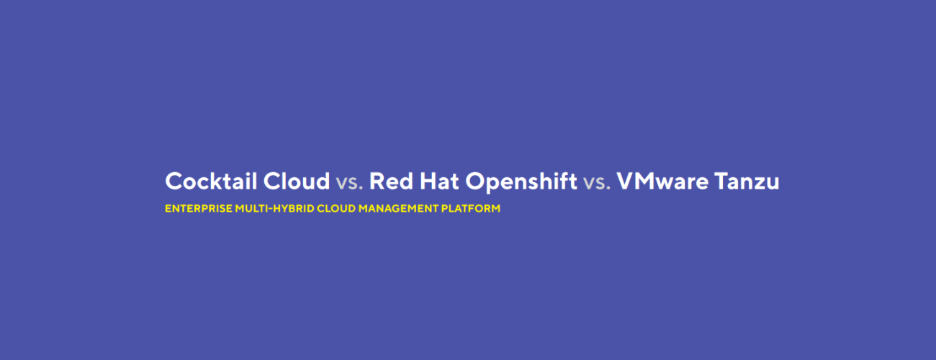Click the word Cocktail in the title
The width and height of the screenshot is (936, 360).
pyautogui.click(x=211, y=181)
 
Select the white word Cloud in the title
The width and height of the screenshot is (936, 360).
pyautogui.click(x=297, y=181)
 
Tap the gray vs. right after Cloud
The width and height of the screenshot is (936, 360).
pyautogui.click(x=349, y=183)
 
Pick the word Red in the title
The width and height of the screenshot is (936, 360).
pyautogui.click(x=391, y=181)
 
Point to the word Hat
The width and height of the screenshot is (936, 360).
pyautogui.click(x=439, y=181)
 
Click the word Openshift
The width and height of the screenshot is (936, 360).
pyautogui.click(x=521, y=181)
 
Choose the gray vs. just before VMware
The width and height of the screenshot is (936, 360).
pyautogui.click(x=597, y=183)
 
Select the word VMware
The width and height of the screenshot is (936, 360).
pyautogui.click(x=662, y=181)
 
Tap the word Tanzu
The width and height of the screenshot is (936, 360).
pyautogui.click(x=747, y=181)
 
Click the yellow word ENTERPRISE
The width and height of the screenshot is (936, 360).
pyautogui.click(x=199, y=208)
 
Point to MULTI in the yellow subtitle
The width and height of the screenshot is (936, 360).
pyautogui.click(x=251, y=208)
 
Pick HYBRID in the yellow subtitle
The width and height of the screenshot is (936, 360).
pyautogui.click(x=293, y=208)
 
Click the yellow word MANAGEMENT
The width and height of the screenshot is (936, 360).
pyautogui.click(x=398, y=208)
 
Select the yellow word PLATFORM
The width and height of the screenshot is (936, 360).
pyautogui.click(x=470, y=208)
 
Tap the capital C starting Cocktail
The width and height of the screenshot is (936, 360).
pyautogui.click(x=174, y=181)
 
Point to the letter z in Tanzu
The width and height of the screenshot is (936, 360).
pyautogui.click(x=756, y=184)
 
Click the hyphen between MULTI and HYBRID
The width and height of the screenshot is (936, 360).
pyautogui.click(x=270, y=209)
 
